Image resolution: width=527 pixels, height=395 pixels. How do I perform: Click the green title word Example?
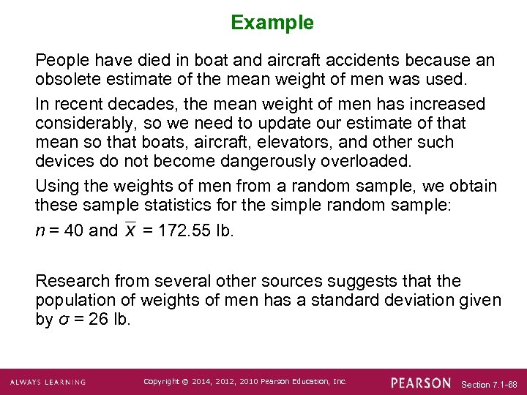tap(272, 23)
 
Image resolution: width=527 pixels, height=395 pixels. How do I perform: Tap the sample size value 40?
tap(74, 230)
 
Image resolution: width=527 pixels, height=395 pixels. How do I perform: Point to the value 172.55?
tap(182, 230)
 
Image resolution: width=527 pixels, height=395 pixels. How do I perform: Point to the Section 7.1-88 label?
tap(490, 383)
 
